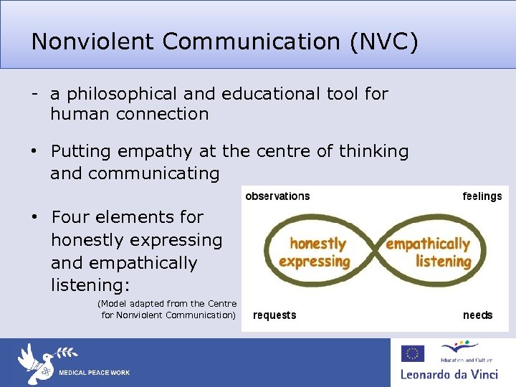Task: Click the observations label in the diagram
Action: click(278, 196)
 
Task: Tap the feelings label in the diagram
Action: click(482, 196)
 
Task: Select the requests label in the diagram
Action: click(274, 315)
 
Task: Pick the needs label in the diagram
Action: click(477, 315)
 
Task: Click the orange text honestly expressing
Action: click(315, 253)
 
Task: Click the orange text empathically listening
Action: click(429, 253)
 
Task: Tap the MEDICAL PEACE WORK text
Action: click(94, 373)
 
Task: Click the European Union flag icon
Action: click(412, 353)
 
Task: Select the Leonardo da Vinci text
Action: click(452, 374)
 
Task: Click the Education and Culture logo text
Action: click(459, 360)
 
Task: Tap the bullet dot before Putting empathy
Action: click(34, 152)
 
